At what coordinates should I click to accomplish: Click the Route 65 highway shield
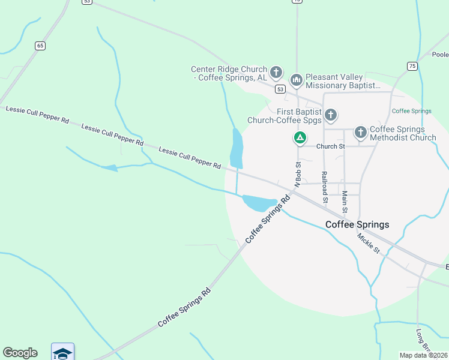tap(40, 46)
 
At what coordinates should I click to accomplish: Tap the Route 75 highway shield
tap(412, 66)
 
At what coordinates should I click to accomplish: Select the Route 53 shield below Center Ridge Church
tap(280, 89)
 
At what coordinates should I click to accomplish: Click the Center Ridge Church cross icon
tap(276, 73)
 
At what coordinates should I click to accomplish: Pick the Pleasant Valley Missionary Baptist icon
tap(296, 79)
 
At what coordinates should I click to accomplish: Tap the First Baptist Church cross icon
tap(330, 114)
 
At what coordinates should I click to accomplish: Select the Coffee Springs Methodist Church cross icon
tap(360, 131)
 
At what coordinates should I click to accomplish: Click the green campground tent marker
tap(300, 138)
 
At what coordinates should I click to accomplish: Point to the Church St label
tap(331, 146)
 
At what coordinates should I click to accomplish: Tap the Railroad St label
tap(324, 185)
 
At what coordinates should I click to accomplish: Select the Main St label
tap(345, 202)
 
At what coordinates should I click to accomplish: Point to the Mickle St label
tap(369, 242)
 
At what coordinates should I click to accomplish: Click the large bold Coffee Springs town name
tap(357, 224)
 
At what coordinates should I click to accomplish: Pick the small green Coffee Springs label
tap(411, 111)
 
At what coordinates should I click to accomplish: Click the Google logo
tap(20, 353)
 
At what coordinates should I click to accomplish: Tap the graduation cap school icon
tap(62, 352)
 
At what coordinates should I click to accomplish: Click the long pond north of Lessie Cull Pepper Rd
tap(237, 148)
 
